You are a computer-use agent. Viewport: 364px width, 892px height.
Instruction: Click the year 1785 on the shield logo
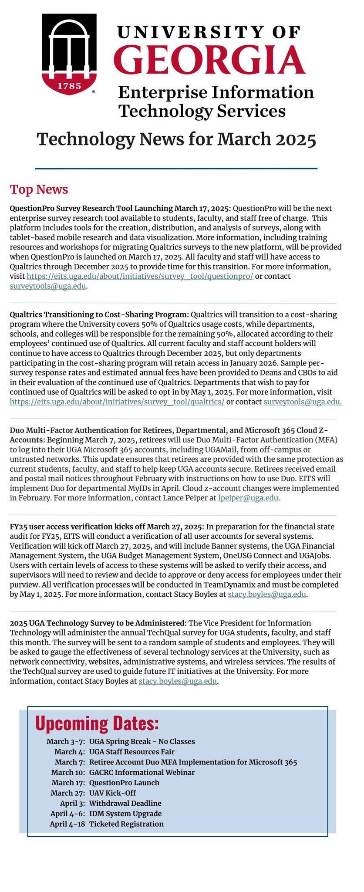click(x=70, y=86)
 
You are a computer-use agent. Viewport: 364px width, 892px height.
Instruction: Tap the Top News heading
click(x=39, y=189)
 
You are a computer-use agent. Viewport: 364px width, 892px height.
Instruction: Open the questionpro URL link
click(x=140, y=276)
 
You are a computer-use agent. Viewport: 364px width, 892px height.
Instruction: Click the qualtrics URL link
click(x=117, y=402)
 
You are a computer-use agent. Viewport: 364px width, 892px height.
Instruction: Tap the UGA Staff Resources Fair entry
click(x=131, y=751)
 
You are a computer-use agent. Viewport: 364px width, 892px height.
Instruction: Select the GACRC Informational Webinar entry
click(x=142, y=772)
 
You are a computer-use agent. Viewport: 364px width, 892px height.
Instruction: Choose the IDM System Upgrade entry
click(x=125, y=814)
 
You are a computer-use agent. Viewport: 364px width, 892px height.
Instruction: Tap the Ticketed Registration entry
click(x=126, y=824)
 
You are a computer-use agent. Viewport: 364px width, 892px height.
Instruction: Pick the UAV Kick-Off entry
click(x=112, y=793)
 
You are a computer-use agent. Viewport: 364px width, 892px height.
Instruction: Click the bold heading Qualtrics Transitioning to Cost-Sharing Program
click(x=99, y=314)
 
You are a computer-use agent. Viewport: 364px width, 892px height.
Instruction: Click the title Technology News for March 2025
click(x=176, y=139)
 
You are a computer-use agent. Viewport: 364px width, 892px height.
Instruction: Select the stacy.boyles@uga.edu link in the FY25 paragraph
click(x=267, y=594)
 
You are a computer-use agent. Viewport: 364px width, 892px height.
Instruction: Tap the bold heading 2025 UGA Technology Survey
click(x=98, y=623)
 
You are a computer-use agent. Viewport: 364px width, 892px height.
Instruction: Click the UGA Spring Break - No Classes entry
click(x=142, y=741)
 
